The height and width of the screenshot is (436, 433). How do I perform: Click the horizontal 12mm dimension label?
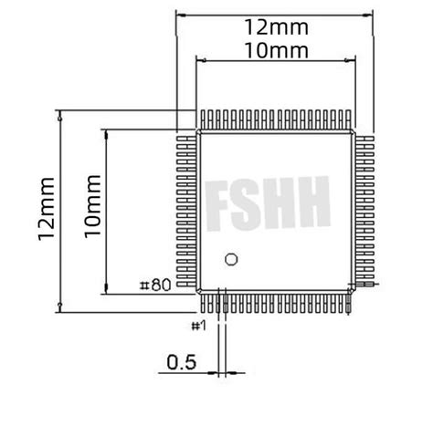pyautogui.click(x=275, y=28)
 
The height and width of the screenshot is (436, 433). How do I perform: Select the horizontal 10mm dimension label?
pyautogui.click(x=275, y=50)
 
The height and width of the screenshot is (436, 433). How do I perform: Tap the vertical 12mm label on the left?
pyautogui.click(x=47, y=210)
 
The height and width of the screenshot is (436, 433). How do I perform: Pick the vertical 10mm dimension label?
pyautogui.click(x=92, y=210)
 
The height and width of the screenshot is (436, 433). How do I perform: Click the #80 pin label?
pyautogui.click(x=155, y=285)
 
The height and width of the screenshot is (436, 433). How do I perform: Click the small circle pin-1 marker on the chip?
pyautogui.click(x=231, y=259)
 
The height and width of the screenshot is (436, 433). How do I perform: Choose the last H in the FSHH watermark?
pyautogui.click(x=312, y=205)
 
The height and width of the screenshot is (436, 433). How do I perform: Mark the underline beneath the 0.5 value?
pyautogui.click(x=181, y=372)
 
